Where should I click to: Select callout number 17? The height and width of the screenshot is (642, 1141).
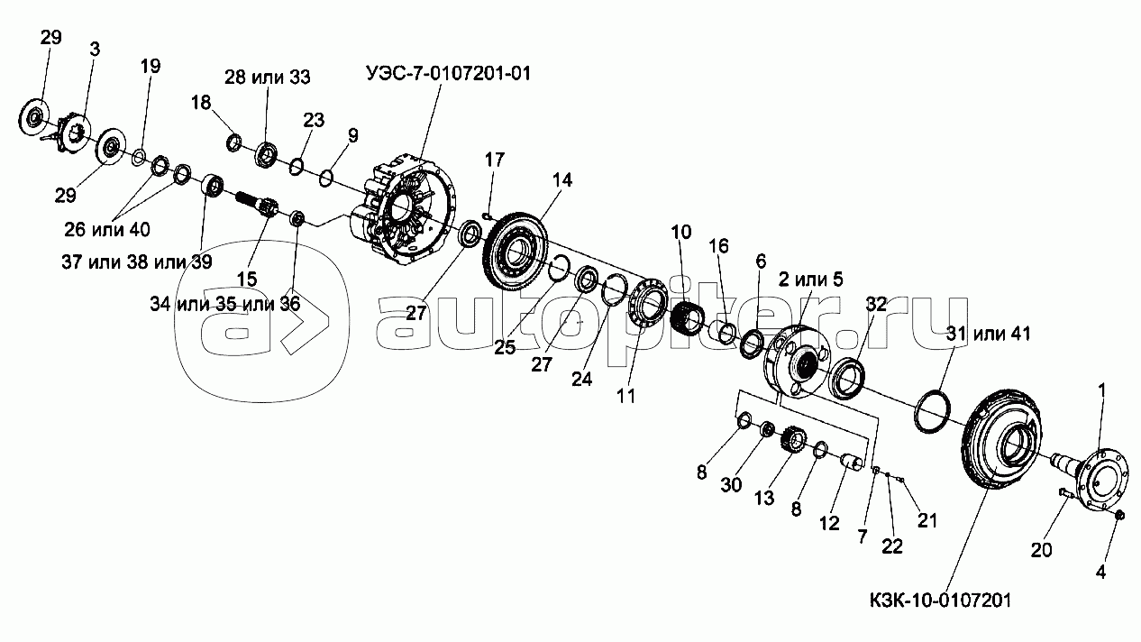pos(495,160)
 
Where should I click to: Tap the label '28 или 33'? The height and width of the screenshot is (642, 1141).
pos(267,78)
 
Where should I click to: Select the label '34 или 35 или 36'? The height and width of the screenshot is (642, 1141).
pos(225,303)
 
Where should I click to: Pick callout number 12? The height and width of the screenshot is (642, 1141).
pos(829,522)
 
